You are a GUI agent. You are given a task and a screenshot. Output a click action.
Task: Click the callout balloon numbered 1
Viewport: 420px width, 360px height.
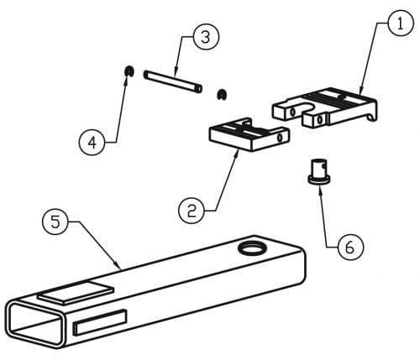pos(401,23)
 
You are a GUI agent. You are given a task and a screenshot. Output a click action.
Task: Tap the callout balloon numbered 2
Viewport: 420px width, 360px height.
pos(192,211)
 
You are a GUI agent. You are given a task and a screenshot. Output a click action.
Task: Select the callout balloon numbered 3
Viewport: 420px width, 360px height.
pos(206,37)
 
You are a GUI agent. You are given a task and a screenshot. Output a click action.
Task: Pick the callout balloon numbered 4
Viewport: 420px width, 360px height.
pos(92,143)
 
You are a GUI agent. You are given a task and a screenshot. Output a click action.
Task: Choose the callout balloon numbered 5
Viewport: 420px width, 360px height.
pos(55,222)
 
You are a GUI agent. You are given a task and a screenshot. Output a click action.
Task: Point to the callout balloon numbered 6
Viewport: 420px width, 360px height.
pos(350,248)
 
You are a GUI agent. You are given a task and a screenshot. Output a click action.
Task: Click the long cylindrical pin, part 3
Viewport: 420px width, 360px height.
pos(173,81)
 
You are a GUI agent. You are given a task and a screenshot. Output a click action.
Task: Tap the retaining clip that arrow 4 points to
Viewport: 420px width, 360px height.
pos(129,71)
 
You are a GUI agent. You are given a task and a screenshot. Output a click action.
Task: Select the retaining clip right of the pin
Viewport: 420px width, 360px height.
pos(222,95)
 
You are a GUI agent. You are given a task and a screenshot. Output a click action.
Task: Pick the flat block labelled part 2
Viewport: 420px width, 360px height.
pos(249,134)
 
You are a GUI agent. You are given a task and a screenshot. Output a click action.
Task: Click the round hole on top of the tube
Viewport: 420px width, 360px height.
pos(251,248)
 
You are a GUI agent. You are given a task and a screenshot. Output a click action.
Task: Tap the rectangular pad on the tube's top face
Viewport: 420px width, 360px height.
pos(76,293)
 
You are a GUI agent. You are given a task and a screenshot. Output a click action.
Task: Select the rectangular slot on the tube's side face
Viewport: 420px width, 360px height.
pos(100,322)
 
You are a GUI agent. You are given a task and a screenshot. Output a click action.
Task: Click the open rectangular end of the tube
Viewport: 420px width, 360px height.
pos(35,324)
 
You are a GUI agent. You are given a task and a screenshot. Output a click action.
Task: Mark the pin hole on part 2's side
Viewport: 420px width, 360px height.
pos(280,138)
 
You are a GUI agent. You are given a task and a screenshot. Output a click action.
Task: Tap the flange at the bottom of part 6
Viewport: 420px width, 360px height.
pos(319,180)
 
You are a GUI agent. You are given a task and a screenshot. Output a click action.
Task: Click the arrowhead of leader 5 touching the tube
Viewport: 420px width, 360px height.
pos(118,265)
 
